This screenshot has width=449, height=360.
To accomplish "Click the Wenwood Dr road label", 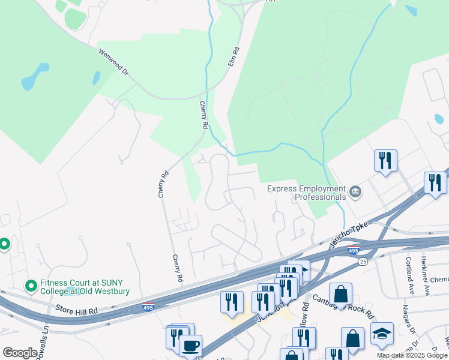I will [x=113, y=61].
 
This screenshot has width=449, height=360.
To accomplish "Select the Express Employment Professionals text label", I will [x=307, y=193].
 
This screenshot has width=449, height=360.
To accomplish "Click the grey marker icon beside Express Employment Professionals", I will [x=355, y=192].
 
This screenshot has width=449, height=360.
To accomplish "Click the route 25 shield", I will [x=363, y=262].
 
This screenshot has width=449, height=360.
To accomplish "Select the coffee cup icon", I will [x=190, y=346].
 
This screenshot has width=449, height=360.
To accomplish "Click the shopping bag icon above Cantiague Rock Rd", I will [x=340, y=293].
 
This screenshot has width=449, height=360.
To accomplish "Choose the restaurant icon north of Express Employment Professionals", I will [x=384, y=160].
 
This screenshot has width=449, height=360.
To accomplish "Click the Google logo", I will [x=20, y=353].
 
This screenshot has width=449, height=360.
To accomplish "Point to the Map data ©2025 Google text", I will [x=412, y=355].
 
